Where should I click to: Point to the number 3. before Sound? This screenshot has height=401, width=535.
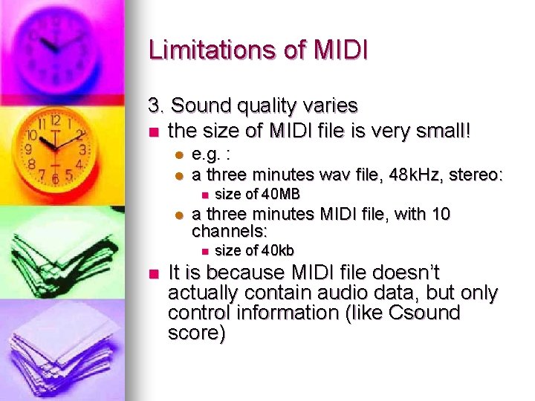[x=157, y=106]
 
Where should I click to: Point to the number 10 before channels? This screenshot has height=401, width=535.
[x=440, y=214]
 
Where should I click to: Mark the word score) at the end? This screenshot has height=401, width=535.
[x=196, y=333]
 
